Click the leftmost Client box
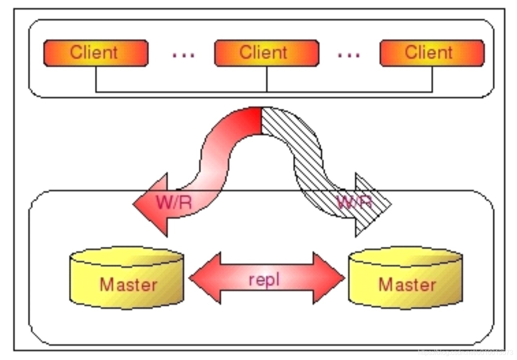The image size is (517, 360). [96, 53]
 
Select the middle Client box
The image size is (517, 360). [267, 53]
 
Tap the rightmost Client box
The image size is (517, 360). [432, 53]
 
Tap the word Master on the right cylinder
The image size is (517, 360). [407, 285]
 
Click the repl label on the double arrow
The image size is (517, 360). [264, 280]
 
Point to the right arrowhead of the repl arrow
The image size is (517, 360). [328, 278]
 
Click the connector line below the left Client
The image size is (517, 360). [96, 79]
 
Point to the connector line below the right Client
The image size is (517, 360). [432, 79]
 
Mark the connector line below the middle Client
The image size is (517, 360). [267, 79]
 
